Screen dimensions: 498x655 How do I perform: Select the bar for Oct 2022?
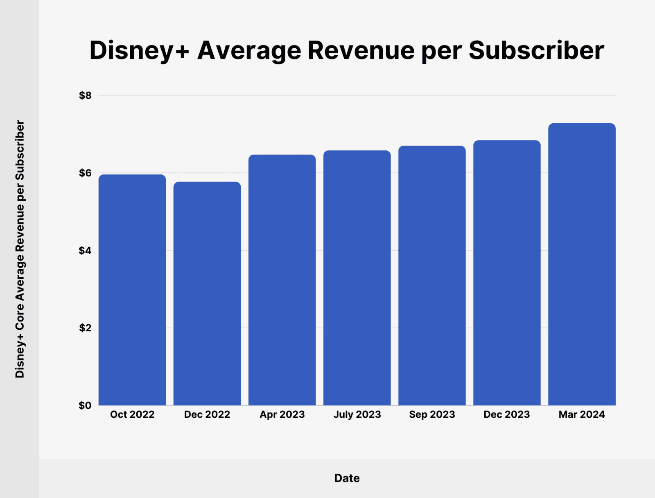tap(132, 290)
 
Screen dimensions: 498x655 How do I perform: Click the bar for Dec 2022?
tap(207, 294)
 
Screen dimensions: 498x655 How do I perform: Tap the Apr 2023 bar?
tap(282, 280)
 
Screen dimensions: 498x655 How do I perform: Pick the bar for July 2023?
tap(357, 278)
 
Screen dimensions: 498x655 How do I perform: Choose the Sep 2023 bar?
tap(432, 276)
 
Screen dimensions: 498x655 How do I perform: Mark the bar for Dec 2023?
tap(507, 273)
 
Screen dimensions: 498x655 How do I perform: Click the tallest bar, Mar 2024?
tap(582, 264)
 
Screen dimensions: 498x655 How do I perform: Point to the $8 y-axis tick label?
tap(85, 95)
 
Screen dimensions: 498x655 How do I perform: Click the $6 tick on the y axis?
tap(85, 173)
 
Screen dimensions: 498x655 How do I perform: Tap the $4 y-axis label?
tap(85, 250)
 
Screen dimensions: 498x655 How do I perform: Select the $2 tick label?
tap(85, 328)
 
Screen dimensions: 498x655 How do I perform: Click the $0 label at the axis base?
tap(85, 405)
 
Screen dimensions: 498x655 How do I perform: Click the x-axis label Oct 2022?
tap(132, 414)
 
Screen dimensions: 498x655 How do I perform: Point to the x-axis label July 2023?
tap(357, 414)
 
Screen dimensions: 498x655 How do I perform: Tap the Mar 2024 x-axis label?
tap(582, 414)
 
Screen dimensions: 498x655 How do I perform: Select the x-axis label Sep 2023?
tap(432, 414)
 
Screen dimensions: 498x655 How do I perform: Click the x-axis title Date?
tap(347, 478)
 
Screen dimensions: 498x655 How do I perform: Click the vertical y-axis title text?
tap(20, 249)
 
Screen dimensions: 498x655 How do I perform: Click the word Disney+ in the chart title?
tap(139, 51)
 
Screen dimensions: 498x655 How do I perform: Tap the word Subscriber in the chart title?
tap(536, 51)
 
